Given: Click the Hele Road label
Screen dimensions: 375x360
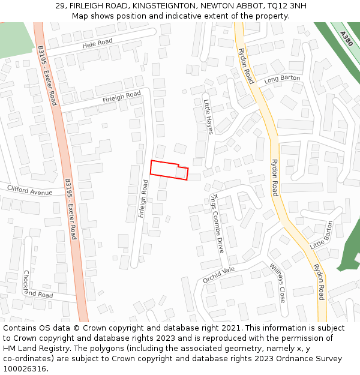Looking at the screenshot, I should (97, 43).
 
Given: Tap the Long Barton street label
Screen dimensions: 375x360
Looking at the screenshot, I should (282, 79).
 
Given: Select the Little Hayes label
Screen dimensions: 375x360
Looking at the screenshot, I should (208, 116).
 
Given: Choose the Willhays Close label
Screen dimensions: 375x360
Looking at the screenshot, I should (277, 283).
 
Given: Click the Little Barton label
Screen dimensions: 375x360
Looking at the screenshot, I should (321, 235).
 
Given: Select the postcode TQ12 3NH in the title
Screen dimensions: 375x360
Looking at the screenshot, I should (287, 5).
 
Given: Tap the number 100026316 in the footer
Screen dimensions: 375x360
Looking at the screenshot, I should (24, 369).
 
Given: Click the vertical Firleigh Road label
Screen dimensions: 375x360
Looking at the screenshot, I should (143, 198).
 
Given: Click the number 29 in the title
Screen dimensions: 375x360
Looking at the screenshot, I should (60, 5).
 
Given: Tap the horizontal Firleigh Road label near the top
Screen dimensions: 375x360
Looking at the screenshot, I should (121, 97).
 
